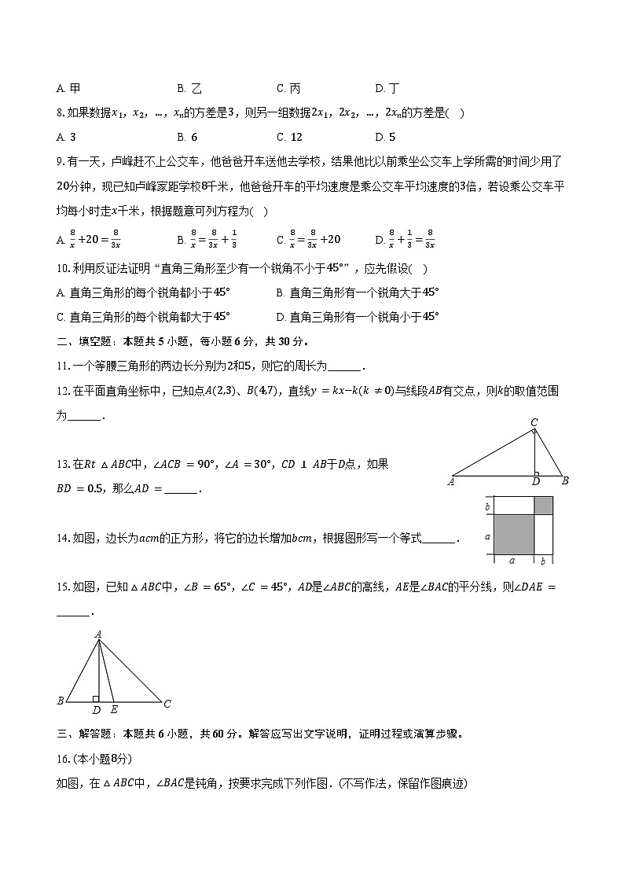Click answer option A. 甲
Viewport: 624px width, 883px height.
[x=68, y=89]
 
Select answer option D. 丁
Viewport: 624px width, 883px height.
[x=387, y=89]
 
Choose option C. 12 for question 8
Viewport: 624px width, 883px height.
[x=289, y=137]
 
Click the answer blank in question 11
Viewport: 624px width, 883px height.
[x=343, y=366]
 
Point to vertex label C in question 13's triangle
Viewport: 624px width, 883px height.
[x=534, y=423]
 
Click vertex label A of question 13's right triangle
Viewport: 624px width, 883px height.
[x=451, y=482]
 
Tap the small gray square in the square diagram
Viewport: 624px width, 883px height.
[x=543, y=506]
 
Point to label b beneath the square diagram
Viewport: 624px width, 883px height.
[x=543, y=561]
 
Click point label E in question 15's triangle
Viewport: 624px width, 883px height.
[x=115, y=710]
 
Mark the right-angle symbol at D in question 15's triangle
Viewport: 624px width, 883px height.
[x=96, y=697]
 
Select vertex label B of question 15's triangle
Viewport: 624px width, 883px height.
[x=61, y=701]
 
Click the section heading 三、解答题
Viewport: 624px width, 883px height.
[x=86, y=734]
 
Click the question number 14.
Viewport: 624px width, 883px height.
[x=63, y=539]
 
